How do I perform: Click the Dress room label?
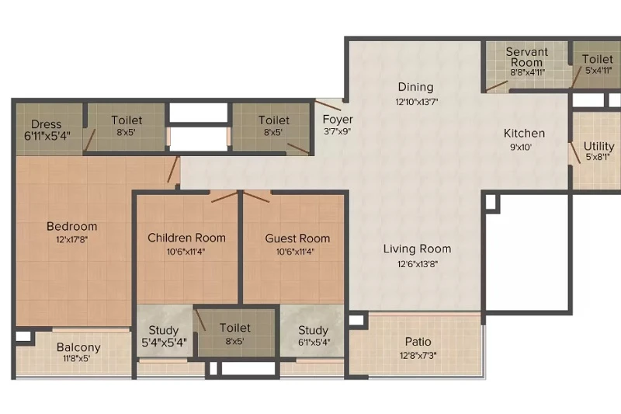(47, 124)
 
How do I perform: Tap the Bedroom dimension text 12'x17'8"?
(71, 239)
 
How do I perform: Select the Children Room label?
(186, 238)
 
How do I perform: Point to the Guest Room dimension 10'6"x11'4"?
(296, 252)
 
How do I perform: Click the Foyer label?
(338, 120)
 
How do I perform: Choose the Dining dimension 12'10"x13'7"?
(416, 102)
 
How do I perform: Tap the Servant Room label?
(527, 57)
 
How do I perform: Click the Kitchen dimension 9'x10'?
(520, 148)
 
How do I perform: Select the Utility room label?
(598, 146)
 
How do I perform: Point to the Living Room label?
(417, 249)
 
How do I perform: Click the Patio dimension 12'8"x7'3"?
(418, 356)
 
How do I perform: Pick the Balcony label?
(78, 347)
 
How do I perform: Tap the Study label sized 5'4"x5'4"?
(164, 330)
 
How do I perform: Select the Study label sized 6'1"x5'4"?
(313, 330)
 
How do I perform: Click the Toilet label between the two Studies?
(235, 328)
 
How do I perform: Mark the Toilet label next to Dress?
(127, 120)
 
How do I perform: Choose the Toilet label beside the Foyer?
(274, 120)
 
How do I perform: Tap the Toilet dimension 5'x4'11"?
(598, 70)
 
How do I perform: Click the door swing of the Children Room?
(224, 197)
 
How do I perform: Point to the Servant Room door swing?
(497, 86)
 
